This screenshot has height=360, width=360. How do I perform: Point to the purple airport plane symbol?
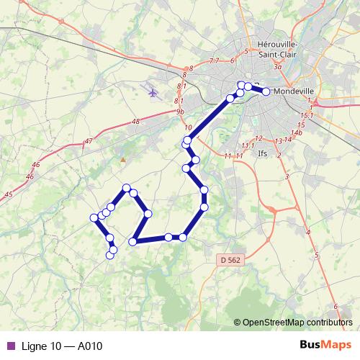coord(152,91)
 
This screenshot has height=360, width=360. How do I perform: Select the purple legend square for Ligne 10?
coord(10,346)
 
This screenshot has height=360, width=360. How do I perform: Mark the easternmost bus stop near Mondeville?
coord(266,91)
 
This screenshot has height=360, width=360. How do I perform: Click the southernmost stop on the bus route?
coord(111,254)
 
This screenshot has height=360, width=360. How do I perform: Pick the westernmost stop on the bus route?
coord(94,217)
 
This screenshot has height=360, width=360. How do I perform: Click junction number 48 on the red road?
coord(136,122)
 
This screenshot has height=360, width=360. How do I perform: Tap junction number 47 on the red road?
coord(89,140)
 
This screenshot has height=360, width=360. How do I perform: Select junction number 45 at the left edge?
coord(8,194)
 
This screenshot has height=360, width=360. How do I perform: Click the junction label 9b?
coord(180,112)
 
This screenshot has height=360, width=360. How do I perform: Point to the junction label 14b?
coord(297,132)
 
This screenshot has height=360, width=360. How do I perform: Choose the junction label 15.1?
coord(306,116)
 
